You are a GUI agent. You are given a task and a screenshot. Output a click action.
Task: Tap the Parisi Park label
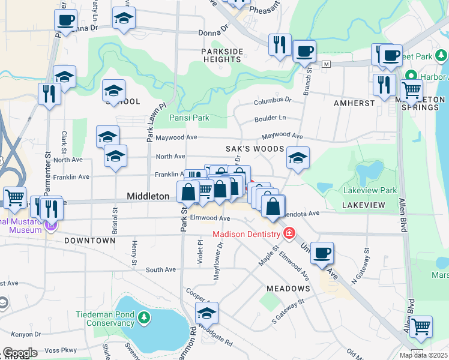tap(189, 118)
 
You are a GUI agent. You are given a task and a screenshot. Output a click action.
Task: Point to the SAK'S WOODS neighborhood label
tap(254, 148)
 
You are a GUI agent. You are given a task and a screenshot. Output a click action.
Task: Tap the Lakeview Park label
tap(370, 190)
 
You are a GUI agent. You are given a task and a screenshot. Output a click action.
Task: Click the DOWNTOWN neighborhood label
tap(89, 241)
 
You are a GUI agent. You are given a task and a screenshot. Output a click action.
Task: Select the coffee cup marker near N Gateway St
tap(322, 253)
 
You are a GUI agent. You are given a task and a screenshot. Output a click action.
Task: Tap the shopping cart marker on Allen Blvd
tap(421, 326)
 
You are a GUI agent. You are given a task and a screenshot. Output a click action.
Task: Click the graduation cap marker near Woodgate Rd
tap(206, 313)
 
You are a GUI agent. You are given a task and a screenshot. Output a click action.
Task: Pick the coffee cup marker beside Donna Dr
tap(65, 20)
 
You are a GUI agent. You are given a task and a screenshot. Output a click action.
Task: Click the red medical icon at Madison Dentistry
tap(289, 232)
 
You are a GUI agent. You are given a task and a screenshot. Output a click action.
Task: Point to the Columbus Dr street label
tap(272, 101)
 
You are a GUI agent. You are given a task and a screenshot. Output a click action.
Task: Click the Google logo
tap(20, 353)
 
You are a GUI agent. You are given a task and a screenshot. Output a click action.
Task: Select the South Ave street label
tap(160, 270)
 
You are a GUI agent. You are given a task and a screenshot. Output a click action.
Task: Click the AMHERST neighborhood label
tap(354, 103)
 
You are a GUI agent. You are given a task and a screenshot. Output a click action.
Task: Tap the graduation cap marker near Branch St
tap(298, 158)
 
